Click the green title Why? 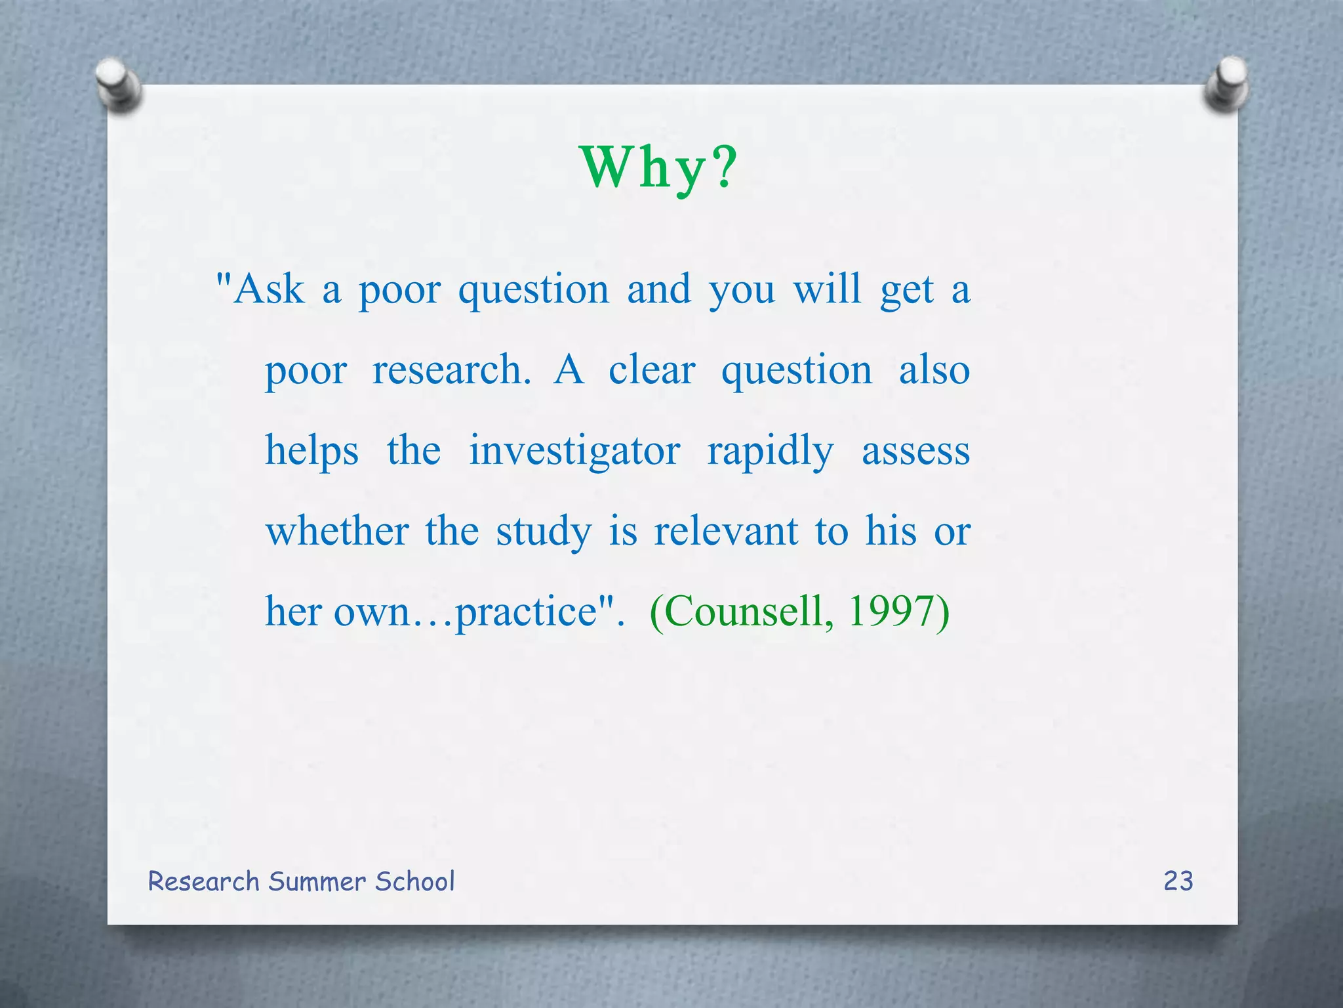[658, 168]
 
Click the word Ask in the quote [269, 289]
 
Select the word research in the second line [451, 370]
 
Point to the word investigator [574, 451]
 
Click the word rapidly [770, 451]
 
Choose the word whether [337, 532]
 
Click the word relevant [726, 532]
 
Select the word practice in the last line [525, 612]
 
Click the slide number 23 [1178, 881]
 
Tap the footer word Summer [317, 881]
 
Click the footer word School [414, 881]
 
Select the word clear [651, 370]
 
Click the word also [934, 370]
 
